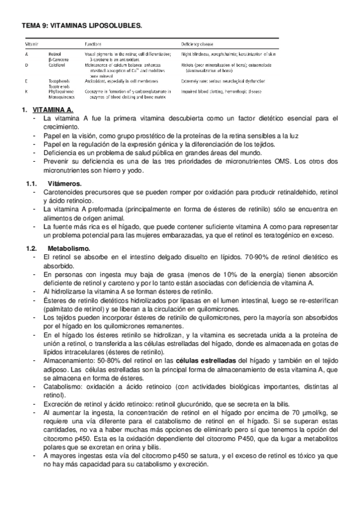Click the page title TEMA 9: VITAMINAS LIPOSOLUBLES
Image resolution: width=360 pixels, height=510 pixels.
click(82, 26)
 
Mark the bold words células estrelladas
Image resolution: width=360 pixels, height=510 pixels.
click(224, 359)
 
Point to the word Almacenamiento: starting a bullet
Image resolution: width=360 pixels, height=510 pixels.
click(67, 359)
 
